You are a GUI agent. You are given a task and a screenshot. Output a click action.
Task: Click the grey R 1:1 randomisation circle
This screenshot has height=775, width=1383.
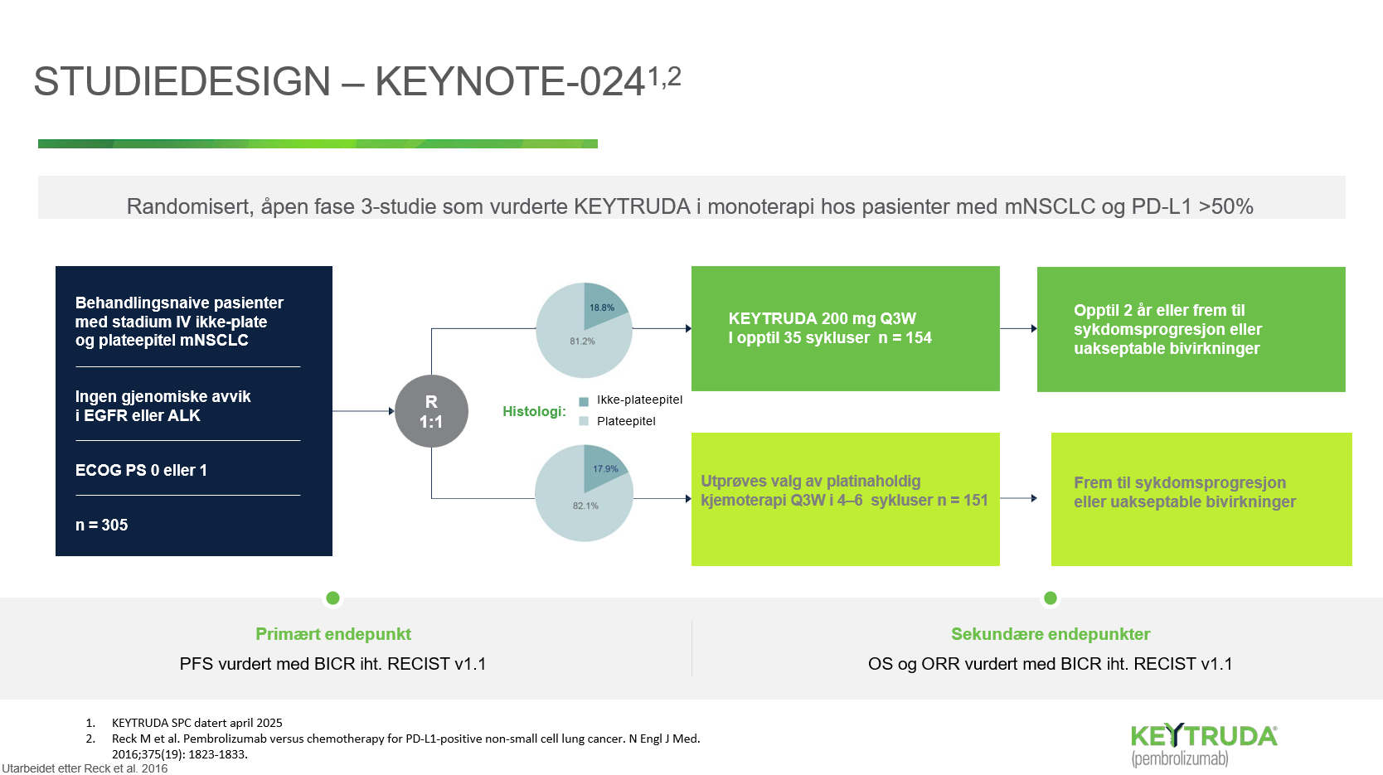(431, 411)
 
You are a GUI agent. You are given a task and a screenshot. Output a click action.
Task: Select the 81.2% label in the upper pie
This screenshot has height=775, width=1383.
(582, 341)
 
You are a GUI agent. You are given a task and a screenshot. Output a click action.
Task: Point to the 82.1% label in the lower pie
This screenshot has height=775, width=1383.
(585, 506)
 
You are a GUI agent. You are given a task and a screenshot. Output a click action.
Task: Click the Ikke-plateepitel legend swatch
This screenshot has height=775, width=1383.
(584, 401)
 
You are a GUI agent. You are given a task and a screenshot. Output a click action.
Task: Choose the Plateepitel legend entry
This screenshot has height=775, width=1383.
(618, 421)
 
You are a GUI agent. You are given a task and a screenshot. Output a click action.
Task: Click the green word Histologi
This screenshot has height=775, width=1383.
(534, 412)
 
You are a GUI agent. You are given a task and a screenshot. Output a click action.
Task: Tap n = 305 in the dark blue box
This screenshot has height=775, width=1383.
(101, 526)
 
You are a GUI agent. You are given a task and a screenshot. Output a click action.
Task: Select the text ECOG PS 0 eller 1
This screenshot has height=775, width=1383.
(141, 470)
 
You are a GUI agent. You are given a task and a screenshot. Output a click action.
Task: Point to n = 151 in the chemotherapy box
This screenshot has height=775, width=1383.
(963, 500)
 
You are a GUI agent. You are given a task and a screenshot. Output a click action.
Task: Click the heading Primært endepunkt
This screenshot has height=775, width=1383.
(333, 634)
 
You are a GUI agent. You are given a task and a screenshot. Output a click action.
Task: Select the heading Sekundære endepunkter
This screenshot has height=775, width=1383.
(1051, 634)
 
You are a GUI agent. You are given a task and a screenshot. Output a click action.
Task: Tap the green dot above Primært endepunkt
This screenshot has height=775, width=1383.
(332, 598)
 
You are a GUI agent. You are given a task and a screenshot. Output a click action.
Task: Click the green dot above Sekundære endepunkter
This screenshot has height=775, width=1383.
(1051, 598)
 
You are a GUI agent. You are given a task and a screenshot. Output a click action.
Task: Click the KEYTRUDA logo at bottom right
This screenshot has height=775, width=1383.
(1204, 745)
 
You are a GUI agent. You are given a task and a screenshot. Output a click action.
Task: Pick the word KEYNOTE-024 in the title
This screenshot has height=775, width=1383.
(510, 81)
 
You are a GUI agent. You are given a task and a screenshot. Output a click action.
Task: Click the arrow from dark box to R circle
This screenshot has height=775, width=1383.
(364, 411)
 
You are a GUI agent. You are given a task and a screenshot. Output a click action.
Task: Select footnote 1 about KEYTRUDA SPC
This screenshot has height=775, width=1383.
(184, 723)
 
